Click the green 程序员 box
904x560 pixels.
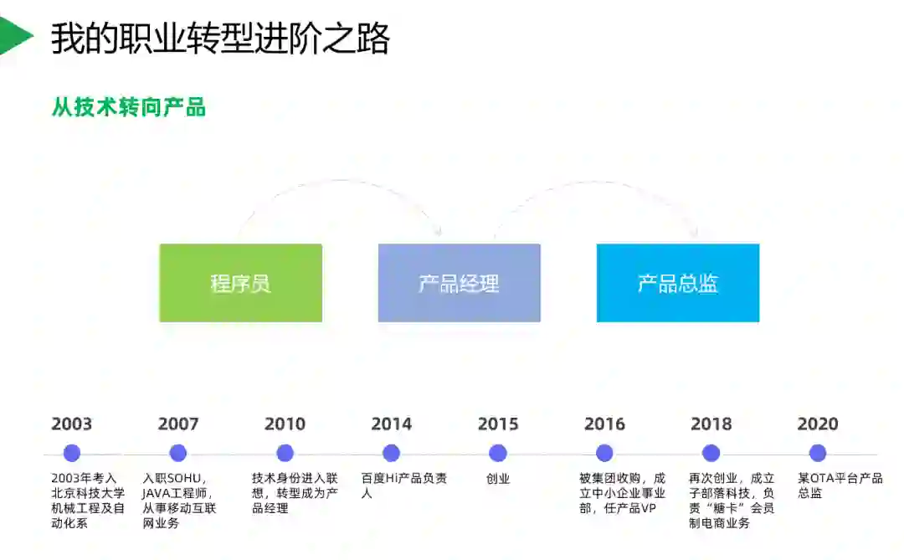tap(240, 283)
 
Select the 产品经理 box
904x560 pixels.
tap(459, 283)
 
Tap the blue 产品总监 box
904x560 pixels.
tap(677, 283)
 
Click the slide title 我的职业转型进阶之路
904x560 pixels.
tap(220, 39)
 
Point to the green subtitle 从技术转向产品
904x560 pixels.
tap(129, 107)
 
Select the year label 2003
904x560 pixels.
tap(71, 424)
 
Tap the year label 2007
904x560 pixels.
tap(178, 424)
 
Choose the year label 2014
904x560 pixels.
tap(391, 424)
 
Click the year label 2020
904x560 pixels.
tap(818, 424)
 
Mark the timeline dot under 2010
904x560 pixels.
tap(285, 453)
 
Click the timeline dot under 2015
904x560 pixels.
tap(498, 453)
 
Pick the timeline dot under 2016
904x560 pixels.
tap(604, 453)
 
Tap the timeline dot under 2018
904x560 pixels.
tap(711, 453)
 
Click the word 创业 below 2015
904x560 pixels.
tap(498, 479)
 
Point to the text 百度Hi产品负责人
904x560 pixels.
tap(403, 486)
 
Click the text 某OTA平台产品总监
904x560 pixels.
tap(840, 486)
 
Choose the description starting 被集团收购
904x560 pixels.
tap(622, 493)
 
